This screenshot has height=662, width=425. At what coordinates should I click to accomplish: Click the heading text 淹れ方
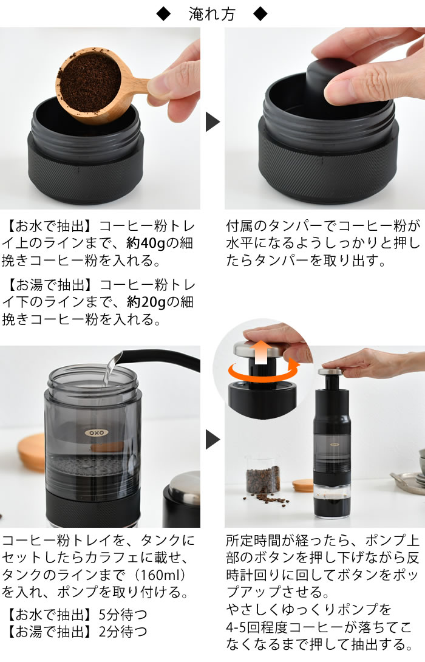(212, 15)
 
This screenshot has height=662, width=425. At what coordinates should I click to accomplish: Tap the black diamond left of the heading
(163, 15)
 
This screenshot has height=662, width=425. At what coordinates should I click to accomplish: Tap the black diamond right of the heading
(260, 15)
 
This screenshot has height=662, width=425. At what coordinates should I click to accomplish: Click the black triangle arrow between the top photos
(212, 122)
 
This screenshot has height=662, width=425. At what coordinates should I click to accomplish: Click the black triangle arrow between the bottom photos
(212, 440)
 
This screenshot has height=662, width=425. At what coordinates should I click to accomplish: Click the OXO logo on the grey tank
(97, 433)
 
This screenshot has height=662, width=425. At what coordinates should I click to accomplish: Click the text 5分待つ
(123, 614)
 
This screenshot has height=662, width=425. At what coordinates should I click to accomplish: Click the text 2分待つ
(123, 632)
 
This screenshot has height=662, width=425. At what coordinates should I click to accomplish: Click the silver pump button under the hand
(330, 372)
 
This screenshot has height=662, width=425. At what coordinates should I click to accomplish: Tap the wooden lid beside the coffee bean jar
(303, 485)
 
